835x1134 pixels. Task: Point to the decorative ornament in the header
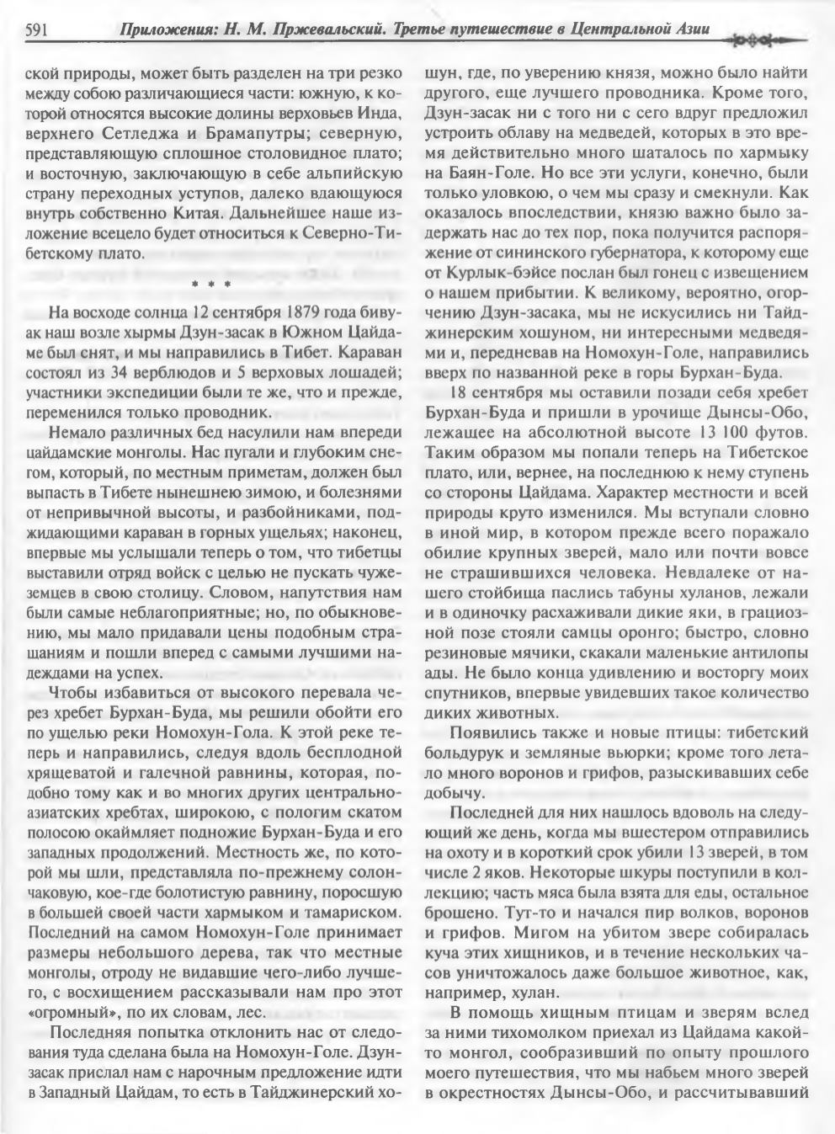[762, 40]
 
